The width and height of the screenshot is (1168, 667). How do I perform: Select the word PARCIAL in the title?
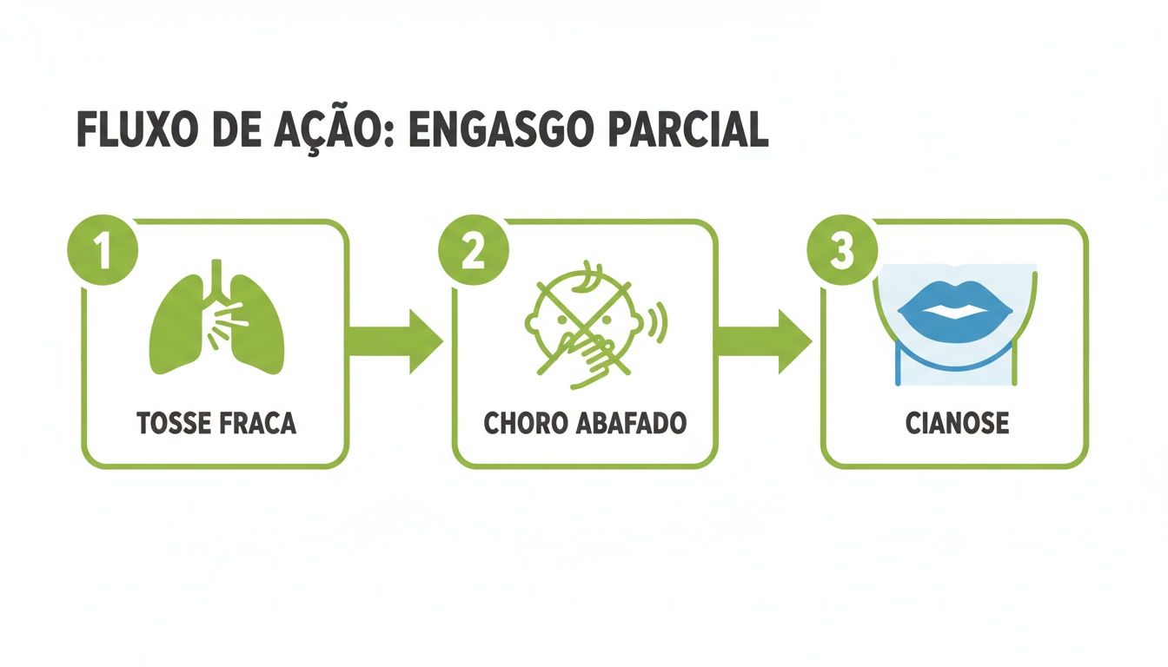pos(687,130)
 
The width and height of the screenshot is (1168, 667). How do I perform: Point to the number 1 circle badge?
pos(103,250)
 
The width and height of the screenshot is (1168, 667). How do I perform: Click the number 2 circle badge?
pos(474,250)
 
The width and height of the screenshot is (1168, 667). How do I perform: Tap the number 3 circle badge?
pos(843,250)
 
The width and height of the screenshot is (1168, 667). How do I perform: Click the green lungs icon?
pos(217,317)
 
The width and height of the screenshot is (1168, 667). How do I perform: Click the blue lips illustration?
pos(955,312)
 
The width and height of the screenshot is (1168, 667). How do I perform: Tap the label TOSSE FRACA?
pos(216,423)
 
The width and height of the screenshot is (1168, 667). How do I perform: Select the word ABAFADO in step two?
pos(631,423)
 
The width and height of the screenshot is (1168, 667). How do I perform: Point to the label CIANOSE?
pos(957,423)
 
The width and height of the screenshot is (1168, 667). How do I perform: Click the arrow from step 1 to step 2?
pos(396,341)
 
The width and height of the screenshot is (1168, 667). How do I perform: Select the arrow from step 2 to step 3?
pos(766,341)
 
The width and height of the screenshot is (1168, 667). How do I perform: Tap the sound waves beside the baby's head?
pos(658,323)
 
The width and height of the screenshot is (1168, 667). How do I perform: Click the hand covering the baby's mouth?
pos(589,360)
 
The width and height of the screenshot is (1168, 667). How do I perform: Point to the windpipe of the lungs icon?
pos(216,281)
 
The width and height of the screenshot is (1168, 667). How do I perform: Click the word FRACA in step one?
pos(257,423)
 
